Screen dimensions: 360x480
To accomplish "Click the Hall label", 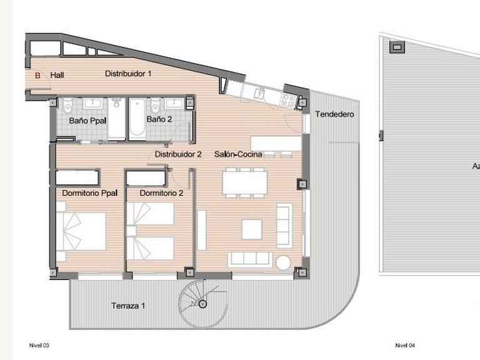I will pyautogui.click(x=57, y=76).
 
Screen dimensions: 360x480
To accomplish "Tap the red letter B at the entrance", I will pyautogui.click(x=37, y=76).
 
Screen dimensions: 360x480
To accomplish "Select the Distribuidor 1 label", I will pyautogui.click(x=128, y=74).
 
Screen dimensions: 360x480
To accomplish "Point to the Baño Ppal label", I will pyautogui.click(x=87, y=119).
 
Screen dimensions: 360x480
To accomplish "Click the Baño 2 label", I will pyautogui.click(x=159, y=119).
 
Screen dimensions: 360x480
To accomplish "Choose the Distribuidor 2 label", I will pyautogui.click(x=177, y=154).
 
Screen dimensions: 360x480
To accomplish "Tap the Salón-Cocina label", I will pyautogui.click(x=237, y=154).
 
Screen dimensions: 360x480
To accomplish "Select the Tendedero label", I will pyautogui.click(x=334, y=114).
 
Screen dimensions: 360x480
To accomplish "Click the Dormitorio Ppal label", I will pyautogui.click(x=90, y=193).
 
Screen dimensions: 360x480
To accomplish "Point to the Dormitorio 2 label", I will pyautogui.click(x=161, y=193).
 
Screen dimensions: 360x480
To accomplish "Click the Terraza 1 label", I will pyautogui.click(x=128, y=306).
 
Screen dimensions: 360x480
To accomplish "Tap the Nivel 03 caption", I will pyautogui.click(x=39, y=345).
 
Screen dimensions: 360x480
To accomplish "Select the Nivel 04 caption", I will pyautogui.click(x=405, y=345).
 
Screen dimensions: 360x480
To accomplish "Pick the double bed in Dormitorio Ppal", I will pyautogui.click(x=81, y=231).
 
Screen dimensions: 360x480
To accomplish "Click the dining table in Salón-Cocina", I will pyautogui.click(x=245, y=181).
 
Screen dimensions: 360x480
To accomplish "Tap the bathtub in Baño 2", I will pyautogui.click(x=137, y=118).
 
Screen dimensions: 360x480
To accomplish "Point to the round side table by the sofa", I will pyautogui.click(x=284, y=261).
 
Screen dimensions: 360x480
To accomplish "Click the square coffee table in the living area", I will pyautogui.click(x=251, y=229).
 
